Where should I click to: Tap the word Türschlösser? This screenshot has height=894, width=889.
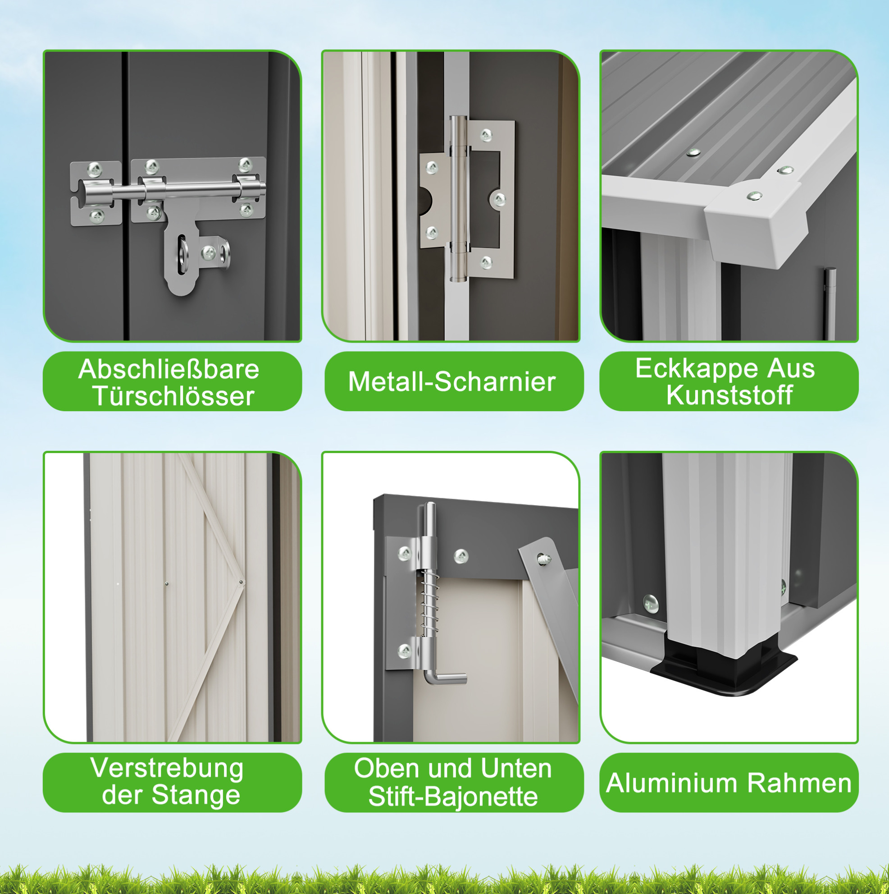coord(173,396)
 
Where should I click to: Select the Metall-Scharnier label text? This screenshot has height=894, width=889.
coord(452,382)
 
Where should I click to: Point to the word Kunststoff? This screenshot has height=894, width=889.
coord(729,395)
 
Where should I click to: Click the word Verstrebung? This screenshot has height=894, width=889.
coord(167,769)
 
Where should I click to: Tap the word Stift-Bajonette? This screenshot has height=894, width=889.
coord(453,796)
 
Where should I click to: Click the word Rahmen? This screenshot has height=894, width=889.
coord(800,784)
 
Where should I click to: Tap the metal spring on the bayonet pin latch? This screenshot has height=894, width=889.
coord(429,604)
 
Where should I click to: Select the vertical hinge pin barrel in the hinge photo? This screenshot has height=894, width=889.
coord(458,199)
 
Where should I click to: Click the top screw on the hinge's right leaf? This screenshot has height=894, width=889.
coord(486,135)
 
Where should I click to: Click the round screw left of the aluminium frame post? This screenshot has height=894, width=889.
coord(651,604)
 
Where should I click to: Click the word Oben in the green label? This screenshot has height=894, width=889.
coord(388,769)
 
